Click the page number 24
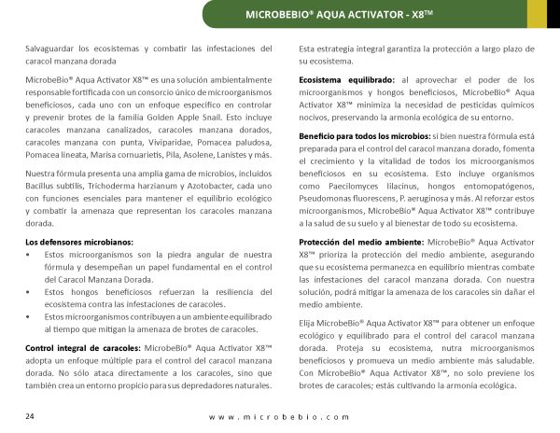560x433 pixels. point(31,415)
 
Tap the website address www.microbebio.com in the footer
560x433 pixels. point(280,416)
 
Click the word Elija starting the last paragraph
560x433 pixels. point(310,322)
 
